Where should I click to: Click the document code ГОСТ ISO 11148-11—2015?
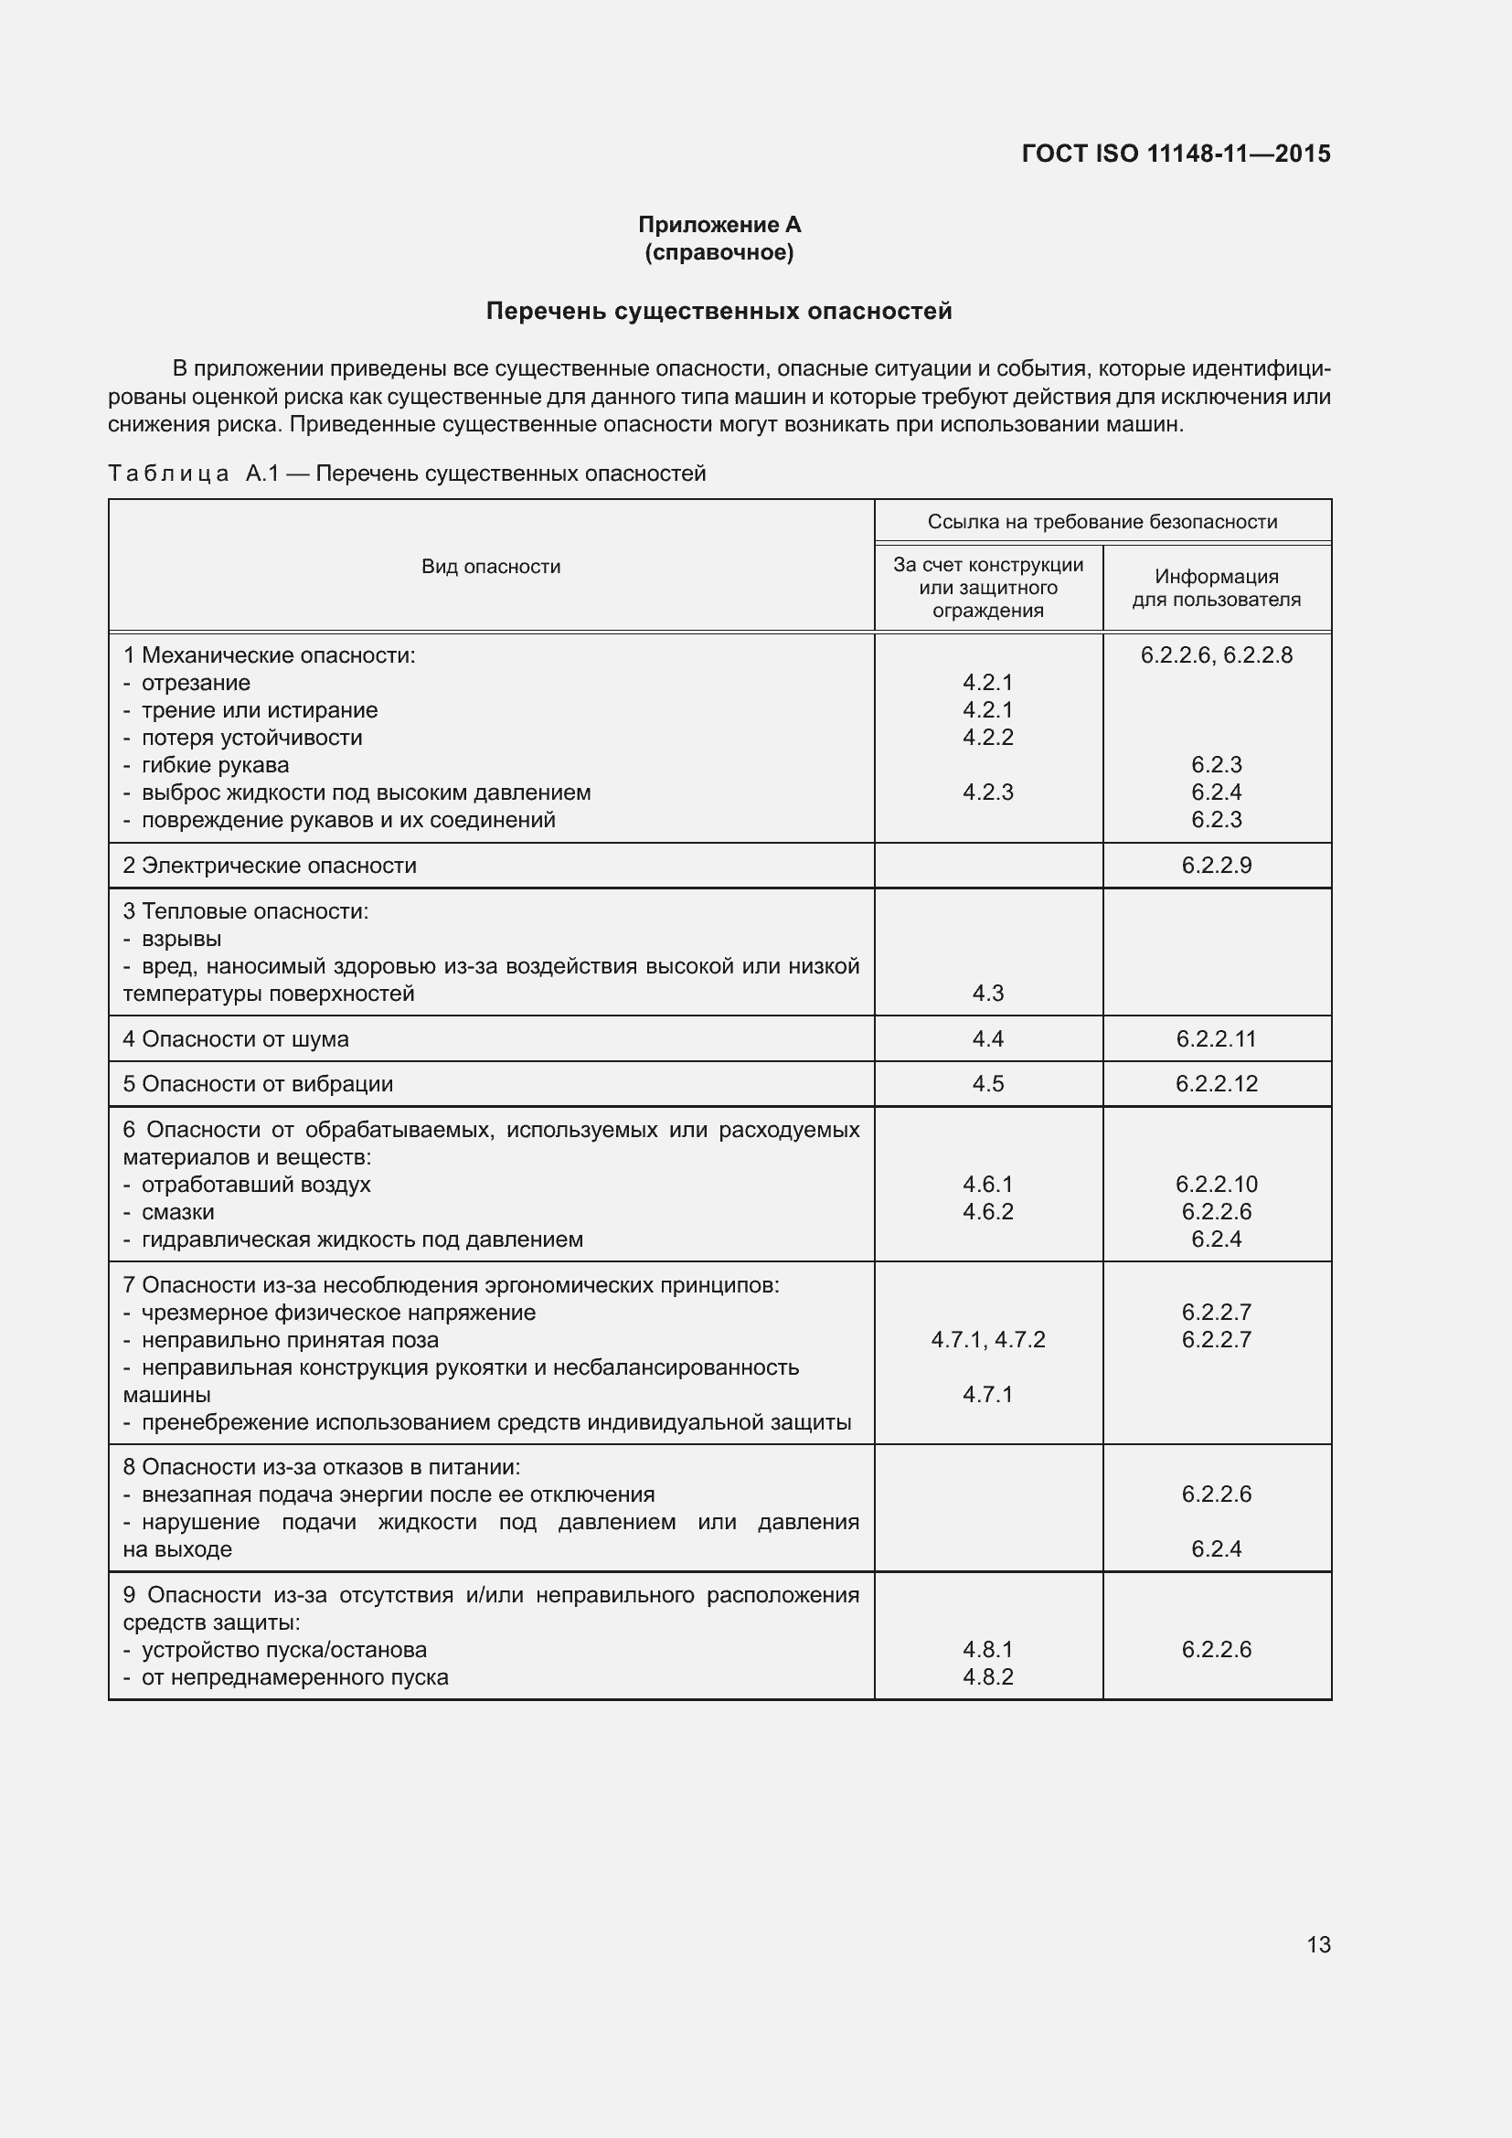pos(1176,154)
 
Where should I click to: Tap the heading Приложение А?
pos(719,225)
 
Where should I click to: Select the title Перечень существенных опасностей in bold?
pos(719,311)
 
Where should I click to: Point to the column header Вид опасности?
pos(491,566)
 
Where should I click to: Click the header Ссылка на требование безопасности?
pos(1102,521)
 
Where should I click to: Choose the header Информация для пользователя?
pos(1216,588)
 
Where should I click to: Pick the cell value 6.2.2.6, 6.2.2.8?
pos(1216,654)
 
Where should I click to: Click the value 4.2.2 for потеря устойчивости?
pos(988,737)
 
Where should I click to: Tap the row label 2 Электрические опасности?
pos(270,865)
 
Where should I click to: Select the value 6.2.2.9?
pos(1216,865)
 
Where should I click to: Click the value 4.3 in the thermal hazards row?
pos(988,993)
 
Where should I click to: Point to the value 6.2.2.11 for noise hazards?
pos(1216,1038)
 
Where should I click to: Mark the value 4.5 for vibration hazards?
pos(988,1083)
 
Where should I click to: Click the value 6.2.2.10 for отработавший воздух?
pos(1216,1184)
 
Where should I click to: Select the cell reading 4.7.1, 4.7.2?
pos(988,1339)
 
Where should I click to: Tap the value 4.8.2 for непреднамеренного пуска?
pos(988,1676)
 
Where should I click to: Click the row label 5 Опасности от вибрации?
pos(259,1083)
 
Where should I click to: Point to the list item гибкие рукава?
pos(215,764)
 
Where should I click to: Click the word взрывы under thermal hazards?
pos(182,938)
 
